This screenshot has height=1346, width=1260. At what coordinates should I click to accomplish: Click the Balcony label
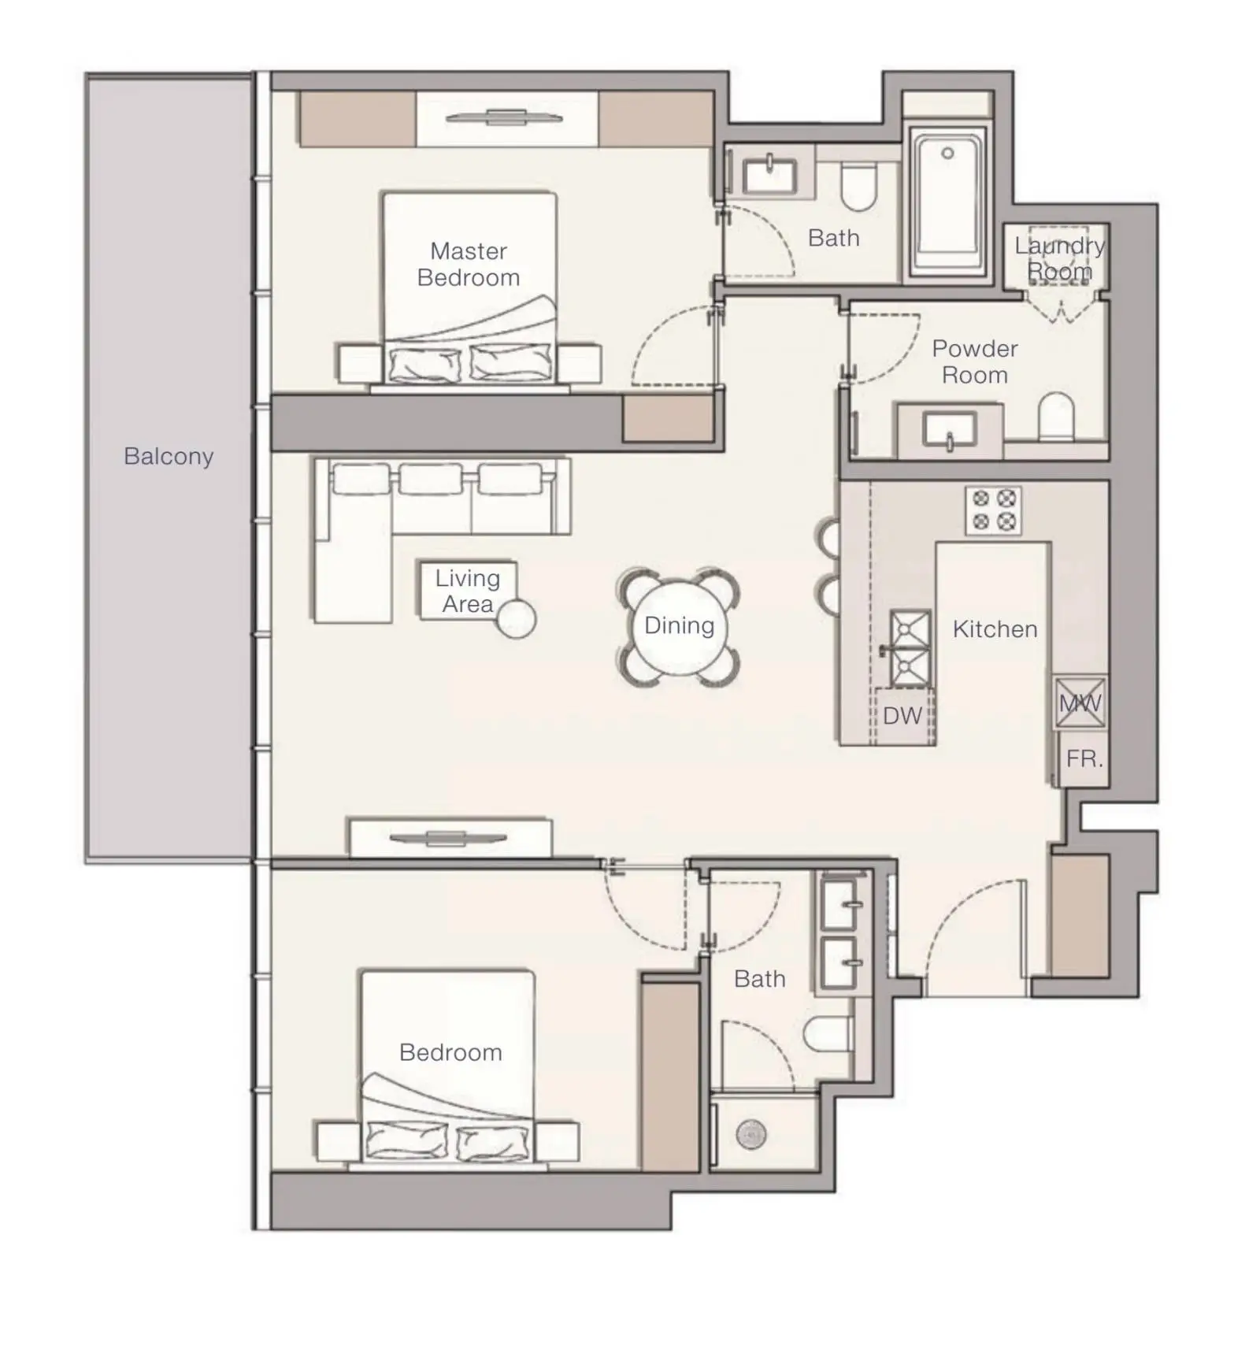[x=169, y=457]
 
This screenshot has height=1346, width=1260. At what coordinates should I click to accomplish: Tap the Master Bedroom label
[x=469, y=265]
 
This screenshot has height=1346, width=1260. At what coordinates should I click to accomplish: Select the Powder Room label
[x=975, y=362]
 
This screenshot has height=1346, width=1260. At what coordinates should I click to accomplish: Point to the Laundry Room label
[x=1060, y=258]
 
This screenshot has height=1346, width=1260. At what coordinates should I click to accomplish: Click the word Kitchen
[x=995, y=629]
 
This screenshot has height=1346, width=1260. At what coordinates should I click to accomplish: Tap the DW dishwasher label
[x=902, y=716]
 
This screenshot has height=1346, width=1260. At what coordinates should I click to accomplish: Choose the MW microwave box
[x=1080, y=703]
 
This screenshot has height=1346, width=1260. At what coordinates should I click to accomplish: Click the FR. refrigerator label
[x=1084, y=759]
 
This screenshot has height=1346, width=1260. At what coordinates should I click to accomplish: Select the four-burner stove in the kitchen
[x=993, y=510]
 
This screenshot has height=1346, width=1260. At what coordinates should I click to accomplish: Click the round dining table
[x=680, y=627]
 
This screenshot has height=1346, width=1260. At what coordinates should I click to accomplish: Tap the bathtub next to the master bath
[x=948, y=201]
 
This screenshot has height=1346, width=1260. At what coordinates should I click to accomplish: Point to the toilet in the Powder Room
[x=1056, y=417]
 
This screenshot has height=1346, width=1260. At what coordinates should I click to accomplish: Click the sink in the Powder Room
[x=950, y=431]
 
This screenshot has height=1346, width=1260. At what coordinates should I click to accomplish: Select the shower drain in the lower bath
[x=750, y=1135]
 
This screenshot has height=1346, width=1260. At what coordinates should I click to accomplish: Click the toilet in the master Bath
[x=858, y=187]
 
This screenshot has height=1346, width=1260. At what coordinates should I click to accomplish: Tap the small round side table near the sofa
[x=517, y=619]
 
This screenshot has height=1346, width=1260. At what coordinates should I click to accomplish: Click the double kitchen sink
[x=910, y=648]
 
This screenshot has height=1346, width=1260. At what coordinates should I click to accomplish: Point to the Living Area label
[x=468, y=591]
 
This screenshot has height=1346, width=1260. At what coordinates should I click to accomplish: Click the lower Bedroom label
[x=450, y=1053]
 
